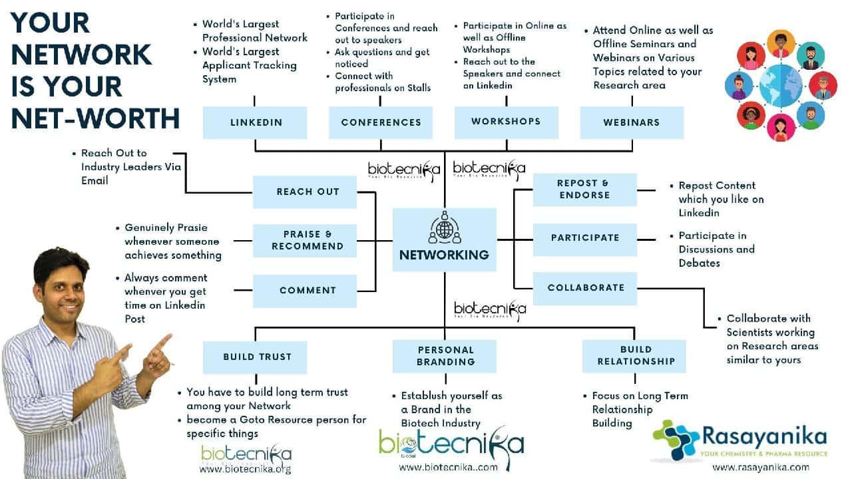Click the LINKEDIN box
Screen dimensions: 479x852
(255, 122)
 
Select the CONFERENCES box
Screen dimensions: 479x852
(381, 122)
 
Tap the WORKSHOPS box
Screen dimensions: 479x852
(506, 122)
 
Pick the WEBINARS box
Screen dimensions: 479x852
(632, 122)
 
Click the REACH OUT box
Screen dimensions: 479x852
(308, 192)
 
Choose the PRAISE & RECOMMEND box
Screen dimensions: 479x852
(308, 240)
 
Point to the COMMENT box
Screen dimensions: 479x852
(308, 290)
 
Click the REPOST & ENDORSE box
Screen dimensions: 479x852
(584, 189)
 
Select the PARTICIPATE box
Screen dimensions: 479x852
(584, 238)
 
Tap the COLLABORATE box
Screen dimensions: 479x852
(585, 288)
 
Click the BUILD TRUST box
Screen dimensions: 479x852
(257, 357)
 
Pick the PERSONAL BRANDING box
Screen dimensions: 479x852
(445, 356)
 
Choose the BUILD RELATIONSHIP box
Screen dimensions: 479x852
(636, 356)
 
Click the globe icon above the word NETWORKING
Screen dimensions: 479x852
(444, 228)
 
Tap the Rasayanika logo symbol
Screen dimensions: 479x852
(676, 440)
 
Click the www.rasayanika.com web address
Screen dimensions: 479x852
(760, 467)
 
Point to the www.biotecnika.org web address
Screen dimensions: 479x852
(245, 469)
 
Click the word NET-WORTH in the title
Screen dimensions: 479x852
(95, 118)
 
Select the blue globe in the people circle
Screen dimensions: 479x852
(780, 86)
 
